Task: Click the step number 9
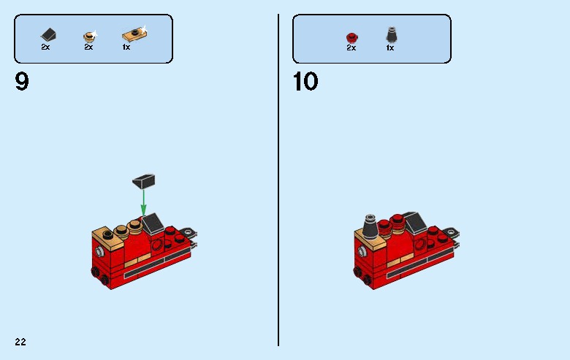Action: pos(22,82)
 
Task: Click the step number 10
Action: pos(305,82)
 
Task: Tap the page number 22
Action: pos(20,341)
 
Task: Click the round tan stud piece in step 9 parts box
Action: pos(88,34)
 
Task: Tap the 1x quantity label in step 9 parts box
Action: pos(126,47)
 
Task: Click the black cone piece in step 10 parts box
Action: pos(390,34)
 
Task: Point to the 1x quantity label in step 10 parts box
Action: pos(390,47)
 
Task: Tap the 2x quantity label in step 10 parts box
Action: pos(351,47)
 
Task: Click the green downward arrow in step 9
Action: pos(144,197)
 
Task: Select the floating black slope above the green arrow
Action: pos(143,179)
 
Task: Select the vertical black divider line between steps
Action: pos(278,180)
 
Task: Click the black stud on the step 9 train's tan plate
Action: pos(107,234)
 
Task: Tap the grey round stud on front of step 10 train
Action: pos(361,252)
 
